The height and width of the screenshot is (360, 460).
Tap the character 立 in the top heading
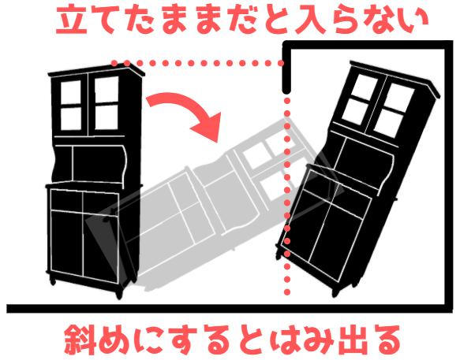click(x=72, y=20)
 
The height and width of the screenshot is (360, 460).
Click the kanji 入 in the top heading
click(x=310, y=20)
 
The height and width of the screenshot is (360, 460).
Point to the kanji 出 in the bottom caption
click(x=348, y=341)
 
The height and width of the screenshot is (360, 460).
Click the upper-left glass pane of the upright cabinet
click(x=70, y=92)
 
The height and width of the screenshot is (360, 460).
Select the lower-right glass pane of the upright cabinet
click(x=107, y=117)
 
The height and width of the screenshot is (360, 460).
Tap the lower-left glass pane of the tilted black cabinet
click(x=353, y=112)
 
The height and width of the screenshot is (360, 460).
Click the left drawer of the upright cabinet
click(x=66, y=200)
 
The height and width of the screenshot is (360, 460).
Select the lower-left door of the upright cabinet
click(x=67, y=243)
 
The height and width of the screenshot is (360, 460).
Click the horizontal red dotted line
click(x=197, y=63)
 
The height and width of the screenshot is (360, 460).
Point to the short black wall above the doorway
click(x=287, y=68)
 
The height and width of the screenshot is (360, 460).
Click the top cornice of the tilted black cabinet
click(x=395, y=79)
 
